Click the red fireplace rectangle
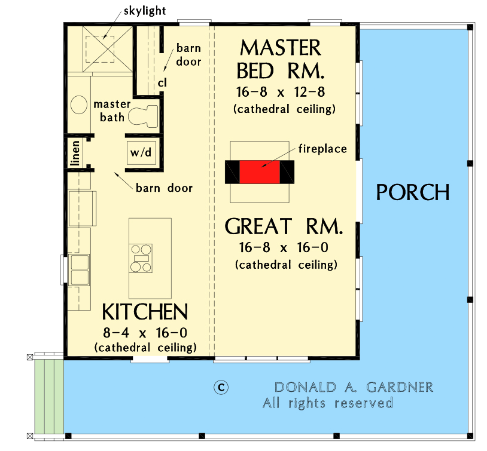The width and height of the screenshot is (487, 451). (x=260, y=172)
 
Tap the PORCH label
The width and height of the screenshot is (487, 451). (x=412, y=192)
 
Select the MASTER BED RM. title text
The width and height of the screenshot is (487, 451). (x=281, y=59)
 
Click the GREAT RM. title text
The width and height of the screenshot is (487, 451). (x=284, y=227)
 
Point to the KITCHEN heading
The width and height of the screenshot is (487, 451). (x=145, y=312)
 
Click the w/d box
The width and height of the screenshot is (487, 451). (x=141, y=152)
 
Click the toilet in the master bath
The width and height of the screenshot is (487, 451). (x=143, y=114)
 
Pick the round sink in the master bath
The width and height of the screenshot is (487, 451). (x=80, y=105)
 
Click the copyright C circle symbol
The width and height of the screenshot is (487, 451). (x=221, y=387)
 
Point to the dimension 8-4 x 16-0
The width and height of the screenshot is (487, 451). (x=145, y=332)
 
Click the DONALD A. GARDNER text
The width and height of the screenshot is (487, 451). (x=354, y=387)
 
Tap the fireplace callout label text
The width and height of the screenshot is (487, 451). (x=323, y=148)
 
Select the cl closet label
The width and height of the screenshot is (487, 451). (x=162, y=82)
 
